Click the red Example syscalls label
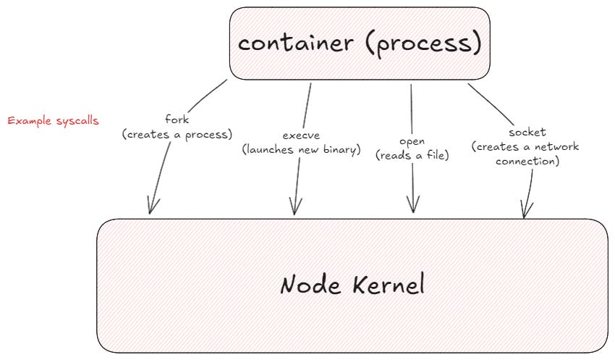point(54,121)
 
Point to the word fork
point(177,120)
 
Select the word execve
point(300,135)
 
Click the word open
point(412,141)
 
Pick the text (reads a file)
point(412,154)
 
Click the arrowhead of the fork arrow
point(150,209)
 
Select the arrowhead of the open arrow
point(413,207)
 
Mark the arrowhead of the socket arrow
point(526,212)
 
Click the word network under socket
point(558,147)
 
